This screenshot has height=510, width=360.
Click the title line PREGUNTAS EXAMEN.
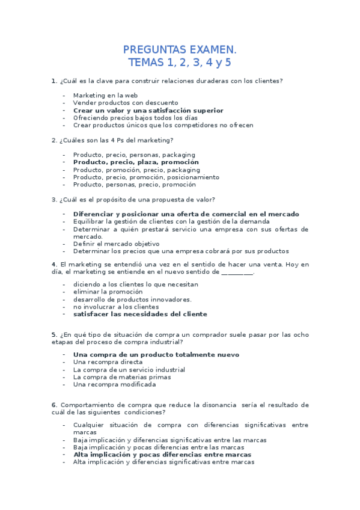180,49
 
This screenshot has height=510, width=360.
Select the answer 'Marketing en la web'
105,95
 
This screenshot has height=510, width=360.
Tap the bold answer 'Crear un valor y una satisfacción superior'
148,111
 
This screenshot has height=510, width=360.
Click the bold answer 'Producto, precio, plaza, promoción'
136,162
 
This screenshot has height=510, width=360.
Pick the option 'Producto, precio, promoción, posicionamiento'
146,177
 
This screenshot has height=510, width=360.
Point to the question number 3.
54,200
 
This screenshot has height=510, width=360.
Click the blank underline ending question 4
237,272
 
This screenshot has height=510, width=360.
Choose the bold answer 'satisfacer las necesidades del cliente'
140,314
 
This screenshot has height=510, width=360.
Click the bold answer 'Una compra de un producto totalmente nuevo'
156,355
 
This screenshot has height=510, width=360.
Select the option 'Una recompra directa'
108,362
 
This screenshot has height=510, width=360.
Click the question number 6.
54,405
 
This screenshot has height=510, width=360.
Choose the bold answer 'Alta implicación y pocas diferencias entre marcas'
162,455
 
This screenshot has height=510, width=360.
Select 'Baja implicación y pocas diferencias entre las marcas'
159,447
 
